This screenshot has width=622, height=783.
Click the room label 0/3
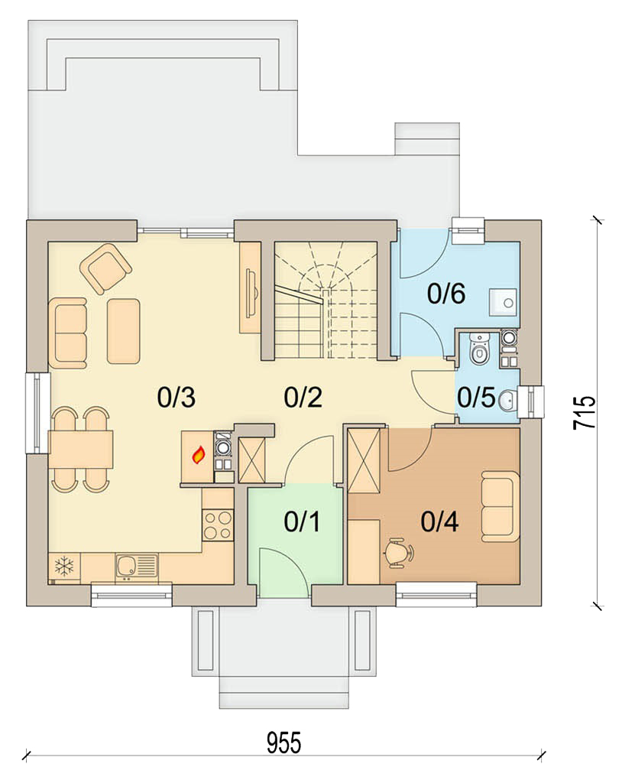click(x=177, y=398)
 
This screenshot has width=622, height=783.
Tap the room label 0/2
click(x=303, y=398)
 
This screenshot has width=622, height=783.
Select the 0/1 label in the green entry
click(x=302, y=521)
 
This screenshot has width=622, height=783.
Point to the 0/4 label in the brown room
click(x=439, y=521)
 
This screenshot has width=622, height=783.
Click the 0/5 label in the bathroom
click(x=476, y=398)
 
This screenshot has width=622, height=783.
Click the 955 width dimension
click(x=284, y=742)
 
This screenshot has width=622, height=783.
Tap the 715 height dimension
click(x=584, y=412)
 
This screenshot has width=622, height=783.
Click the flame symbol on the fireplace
click(x=199, y=455)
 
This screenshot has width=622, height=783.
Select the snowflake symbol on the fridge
click(x=64, y=567)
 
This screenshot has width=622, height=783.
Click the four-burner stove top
click(x=218, y=525)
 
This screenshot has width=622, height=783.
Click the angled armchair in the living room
click(x=105, y=268)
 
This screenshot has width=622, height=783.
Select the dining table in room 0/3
click(x=81, y=449)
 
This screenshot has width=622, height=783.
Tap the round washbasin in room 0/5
click(x=507, y=400)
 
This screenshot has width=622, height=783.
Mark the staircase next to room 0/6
click(x=325, y=300)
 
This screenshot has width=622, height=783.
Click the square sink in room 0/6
click(x=502, y=302)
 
